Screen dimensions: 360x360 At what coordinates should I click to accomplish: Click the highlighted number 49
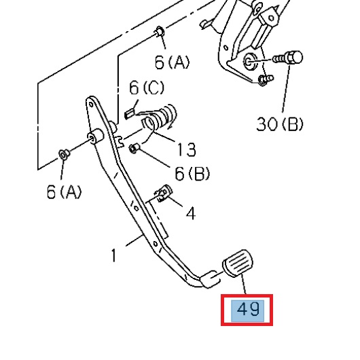[x=248, y=310]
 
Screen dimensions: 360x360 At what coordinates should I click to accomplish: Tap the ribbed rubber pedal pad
[x=237, y=265]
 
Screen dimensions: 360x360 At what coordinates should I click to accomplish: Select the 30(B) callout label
[x=279, y=124]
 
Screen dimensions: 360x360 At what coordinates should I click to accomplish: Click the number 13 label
[x=186, y=149]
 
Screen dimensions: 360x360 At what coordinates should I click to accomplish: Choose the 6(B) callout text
[x=192, y=173]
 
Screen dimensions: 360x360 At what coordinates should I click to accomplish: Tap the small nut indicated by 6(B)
[x=134, y=148]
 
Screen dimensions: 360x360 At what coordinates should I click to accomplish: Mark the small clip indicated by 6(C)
[x=132, y=107]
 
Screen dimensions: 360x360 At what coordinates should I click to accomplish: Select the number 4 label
[x=191, y=213]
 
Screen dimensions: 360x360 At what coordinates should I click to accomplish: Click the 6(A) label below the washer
[x=64, y=192]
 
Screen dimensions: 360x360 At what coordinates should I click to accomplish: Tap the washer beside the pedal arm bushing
[x=62, y=154]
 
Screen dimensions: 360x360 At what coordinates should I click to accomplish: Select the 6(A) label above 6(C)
[x=173, y=63]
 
